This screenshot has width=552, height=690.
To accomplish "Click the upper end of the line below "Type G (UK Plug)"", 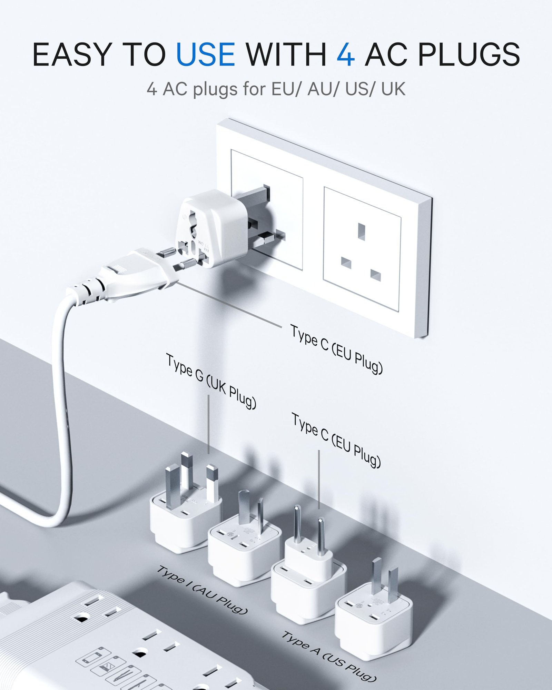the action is coord(208,395).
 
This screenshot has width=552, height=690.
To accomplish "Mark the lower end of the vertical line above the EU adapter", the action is coord(319,509).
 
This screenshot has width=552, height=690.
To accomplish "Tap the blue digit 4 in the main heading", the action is coord(346,54).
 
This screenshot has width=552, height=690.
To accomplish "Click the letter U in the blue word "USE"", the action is coord(187,54).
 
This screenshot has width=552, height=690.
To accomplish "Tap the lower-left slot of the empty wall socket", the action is coord(346,263).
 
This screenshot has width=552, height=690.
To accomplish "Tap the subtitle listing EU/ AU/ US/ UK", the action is coord(276,89).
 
